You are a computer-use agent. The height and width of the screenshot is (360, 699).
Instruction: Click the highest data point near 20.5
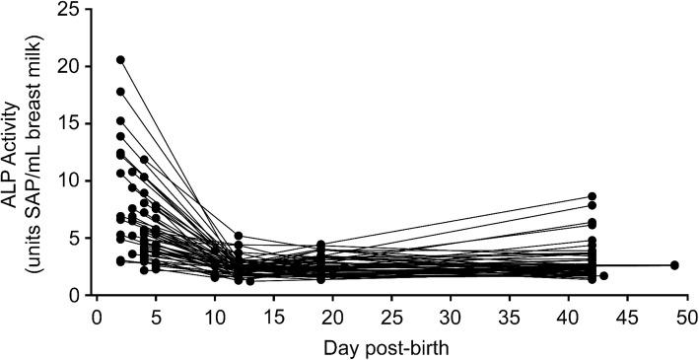point(120,60)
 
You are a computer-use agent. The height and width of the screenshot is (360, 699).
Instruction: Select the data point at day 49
point(674,265)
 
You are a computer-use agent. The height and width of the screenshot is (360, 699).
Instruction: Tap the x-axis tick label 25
point(391,317)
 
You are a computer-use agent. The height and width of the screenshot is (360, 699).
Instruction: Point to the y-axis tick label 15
point(72,123)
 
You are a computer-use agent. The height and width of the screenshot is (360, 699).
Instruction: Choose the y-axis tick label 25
point(72,9)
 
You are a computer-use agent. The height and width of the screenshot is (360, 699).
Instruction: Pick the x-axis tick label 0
point(97,317)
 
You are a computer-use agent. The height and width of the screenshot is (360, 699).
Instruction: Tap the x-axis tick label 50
point(686,317)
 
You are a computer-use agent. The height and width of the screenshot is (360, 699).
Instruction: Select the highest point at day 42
point(592,197)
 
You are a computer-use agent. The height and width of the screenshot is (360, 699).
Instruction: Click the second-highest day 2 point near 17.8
point(120,92)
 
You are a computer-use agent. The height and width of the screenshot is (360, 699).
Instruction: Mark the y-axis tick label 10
point(72,180)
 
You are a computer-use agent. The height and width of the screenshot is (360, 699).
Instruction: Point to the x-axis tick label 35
point(510,317)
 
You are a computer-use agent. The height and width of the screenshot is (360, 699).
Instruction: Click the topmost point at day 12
point(239,236)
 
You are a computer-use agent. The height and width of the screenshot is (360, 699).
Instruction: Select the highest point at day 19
point(320,245)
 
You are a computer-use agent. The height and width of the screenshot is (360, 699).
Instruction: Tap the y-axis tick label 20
point(72,66)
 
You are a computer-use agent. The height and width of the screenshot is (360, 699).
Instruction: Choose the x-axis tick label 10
point(215,317)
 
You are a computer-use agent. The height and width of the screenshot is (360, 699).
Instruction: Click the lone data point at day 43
point(603,276)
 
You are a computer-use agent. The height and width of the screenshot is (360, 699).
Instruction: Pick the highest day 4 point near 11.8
point(144,160)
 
